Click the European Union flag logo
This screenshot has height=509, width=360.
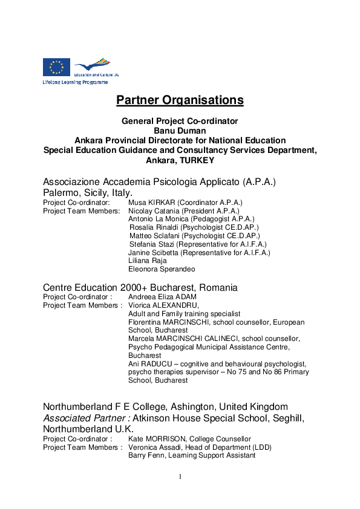[56, 66]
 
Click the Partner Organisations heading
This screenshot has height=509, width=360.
[180, 100]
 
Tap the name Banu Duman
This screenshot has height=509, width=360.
[180, 131]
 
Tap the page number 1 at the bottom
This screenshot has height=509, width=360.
[180, 477]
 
